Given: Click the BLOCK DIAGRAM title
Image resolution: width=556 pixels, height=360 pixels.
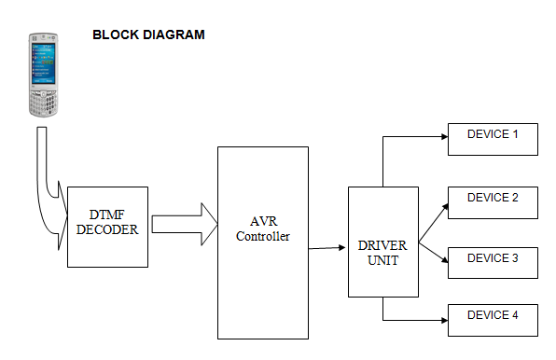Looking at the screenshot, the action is [148, 35].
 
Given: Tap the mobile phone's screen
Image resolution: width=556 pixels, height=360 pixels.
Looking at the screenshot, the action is [43, 63].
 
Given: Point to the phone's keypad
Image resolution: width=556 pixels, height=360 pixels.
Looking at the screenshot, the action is [43, 103].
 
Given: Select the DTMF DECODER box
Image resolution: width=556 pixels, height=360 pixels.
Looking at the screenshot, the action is [107, 227].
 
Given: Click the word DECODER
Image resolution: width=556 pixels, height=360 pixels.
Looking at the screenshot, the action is [107, 229].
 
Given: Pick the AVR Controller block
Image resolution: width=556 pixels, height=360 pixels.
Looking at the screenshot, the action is [263, 242].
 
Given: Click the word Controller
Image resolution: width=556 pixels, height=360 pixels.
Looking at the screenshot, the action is [263, 236].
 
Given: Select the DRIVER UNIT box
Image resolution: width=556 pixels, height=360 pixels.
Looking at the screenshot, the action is [383, 242].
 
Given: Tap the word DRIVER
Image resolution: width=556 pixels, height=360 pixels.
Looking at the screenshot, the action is [382, 245].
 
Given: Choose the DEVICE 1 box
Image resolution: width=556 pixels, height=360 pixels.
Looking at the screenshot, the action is [493, 139].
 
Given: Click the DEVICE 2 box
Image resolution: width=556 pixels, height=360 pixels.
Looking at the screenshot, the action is [493, 202].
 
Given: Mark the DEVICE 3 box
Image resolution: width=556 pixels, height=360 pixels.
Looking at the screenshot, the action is [493, 263].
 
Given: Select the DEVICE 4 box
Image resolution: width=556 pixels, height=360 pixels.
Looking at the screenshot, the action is [493, 320].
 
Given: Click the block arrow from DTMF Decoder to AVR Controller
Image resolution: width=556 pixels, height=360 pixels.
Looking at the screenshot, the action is [185, 224].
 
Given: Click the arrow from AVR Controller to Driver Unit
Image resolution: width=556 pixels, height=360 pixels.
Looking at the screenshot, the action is [327, 248].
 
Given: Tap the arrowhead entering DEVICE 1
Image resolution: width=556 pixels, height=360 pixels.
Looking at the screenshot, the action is [445, 136].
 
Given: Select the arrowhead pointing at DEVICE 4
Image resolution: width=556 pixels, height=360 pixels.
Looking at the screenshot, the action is [445, 320].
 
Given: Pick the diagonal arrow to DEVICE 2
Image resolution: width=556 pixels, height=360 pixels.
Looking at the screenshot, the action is [434, 223].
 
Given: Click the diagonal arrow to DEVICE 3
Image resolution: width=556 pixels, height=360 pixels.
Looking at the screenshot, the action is [433, 253].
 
